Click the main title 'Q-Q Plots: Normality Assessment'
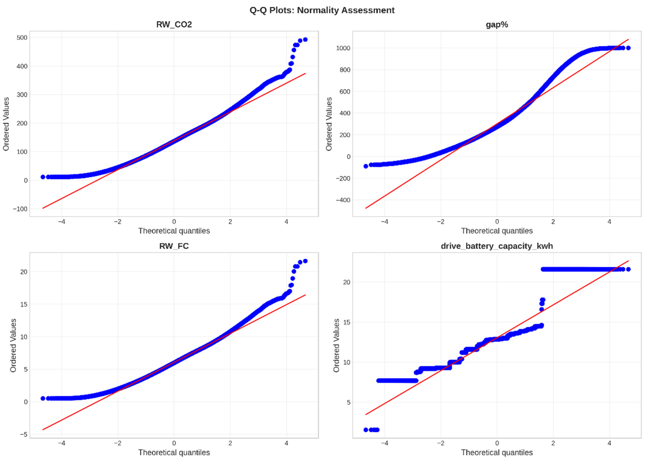[x=322, y=10]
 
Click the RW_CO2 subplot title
[x=174, y=24]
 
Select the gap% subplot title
[x=497, y=24]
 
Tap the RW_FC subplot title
[x=174, y=246]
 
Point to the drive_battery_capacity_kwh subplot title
[x=497, y=246]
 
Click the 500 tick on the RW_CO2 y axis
[x=22, y=38]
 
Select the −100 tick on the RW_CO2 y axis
[x=20, y=209]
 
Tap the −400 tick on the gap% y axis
[x=343, y=200]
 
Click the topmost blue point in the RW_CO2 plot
[x=305, y=40]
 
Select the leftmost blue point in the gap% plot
[x=366, y=166]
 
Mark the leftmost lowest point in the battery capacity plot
[x=366, y=430]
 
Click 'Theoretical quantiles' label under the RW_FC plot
[x=174, y=452]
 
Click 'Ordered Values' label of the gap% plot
[x=329, y=124]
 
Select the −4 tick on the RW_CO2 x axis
[x=62, y=222]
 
